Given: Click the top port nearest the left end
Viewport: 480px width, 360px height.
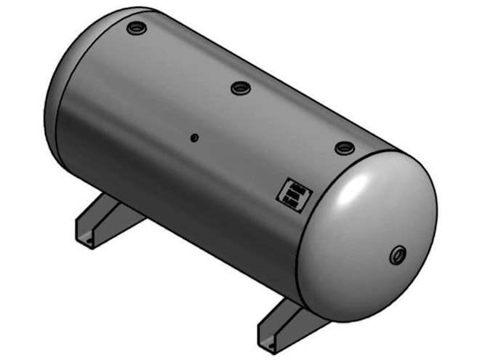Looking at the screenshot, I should click(x=136, y=28).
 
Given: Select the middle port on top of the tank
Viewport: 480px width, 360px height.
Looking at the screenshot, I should click(x=240, y=88).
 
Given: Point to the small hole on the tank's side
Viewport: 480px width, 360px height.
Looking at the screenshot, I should click(x=194, y=137).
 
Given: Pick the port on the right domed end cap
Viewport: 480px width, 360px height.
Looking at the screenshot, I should click(x=399, y=255).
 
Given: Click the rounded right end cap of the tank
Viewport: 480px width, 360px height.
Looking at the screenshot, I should click(x=371, y=233).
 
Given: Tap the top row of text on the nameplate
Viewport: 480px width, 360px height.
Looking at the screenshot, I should click(x=296, y=187).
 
